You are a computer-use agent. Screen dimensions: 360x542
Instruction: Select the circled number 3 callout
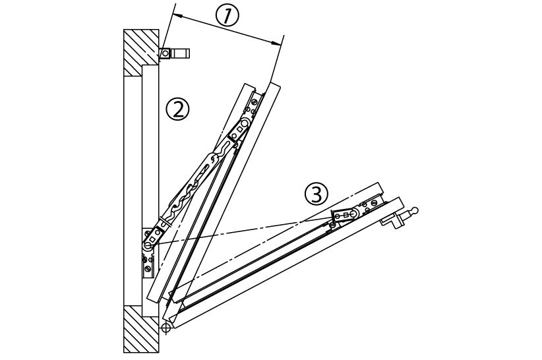tap(316, 194)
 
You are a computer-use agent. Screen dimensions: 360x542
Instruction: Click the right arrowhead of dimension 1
tap(278, 44)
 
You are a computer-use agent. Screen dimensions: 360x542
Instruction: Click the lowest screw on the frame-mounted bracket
tap(147, 268)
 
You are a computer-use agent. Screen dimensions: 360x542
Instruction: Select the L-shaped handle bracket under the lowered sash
tap(396, 221)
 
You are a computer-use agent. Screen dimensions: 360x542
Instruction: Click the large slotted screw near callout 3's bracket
tap(356, 213)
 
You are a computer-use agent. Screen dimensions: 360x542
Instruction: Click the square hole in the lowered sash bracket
tap(345, 216)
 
